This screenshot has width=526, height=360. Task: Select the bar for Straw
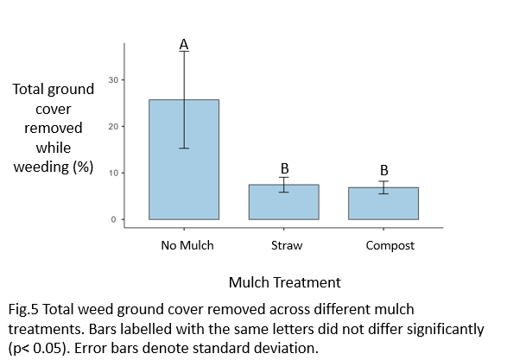(x=284, y=203)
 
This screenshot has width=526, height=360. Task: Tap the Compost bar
(x=384, y=204)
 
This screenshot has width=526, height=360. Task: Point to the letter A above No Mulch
(x=184, y=44)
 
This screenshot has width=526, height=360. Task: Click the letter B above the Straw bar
(x=284, y=169)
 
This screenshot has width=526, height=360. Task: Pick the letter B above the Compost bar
(x=384, y=170)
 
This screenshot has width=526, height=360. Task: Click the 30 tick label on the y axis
(x=113, y=80)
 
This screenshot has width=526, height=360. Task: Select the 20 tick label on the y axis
(x=113, y=127)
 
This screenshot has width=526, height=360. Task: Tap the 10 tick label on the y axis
(x=113, y=174)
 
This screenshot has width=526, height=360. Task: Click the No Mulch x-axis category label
(x=187, y=245)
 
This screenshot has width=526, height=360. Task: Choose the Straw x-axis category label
(x=284, y=245)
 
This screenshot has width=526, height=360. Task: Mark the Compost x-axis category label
(x=390, y=245)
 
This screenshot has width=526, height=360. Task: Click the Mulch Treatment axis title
(x=284, y=282)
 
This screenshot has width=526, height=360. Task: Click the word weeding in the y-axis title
(x=42, y=167)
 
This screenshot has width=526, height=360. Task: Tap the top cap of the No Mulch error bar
(x=184, y=52)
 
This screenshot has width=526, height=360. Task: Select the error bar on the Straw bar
(x=284, y=185)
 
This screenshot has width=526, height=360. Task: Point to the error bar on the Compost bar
(x=384, y=187)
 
